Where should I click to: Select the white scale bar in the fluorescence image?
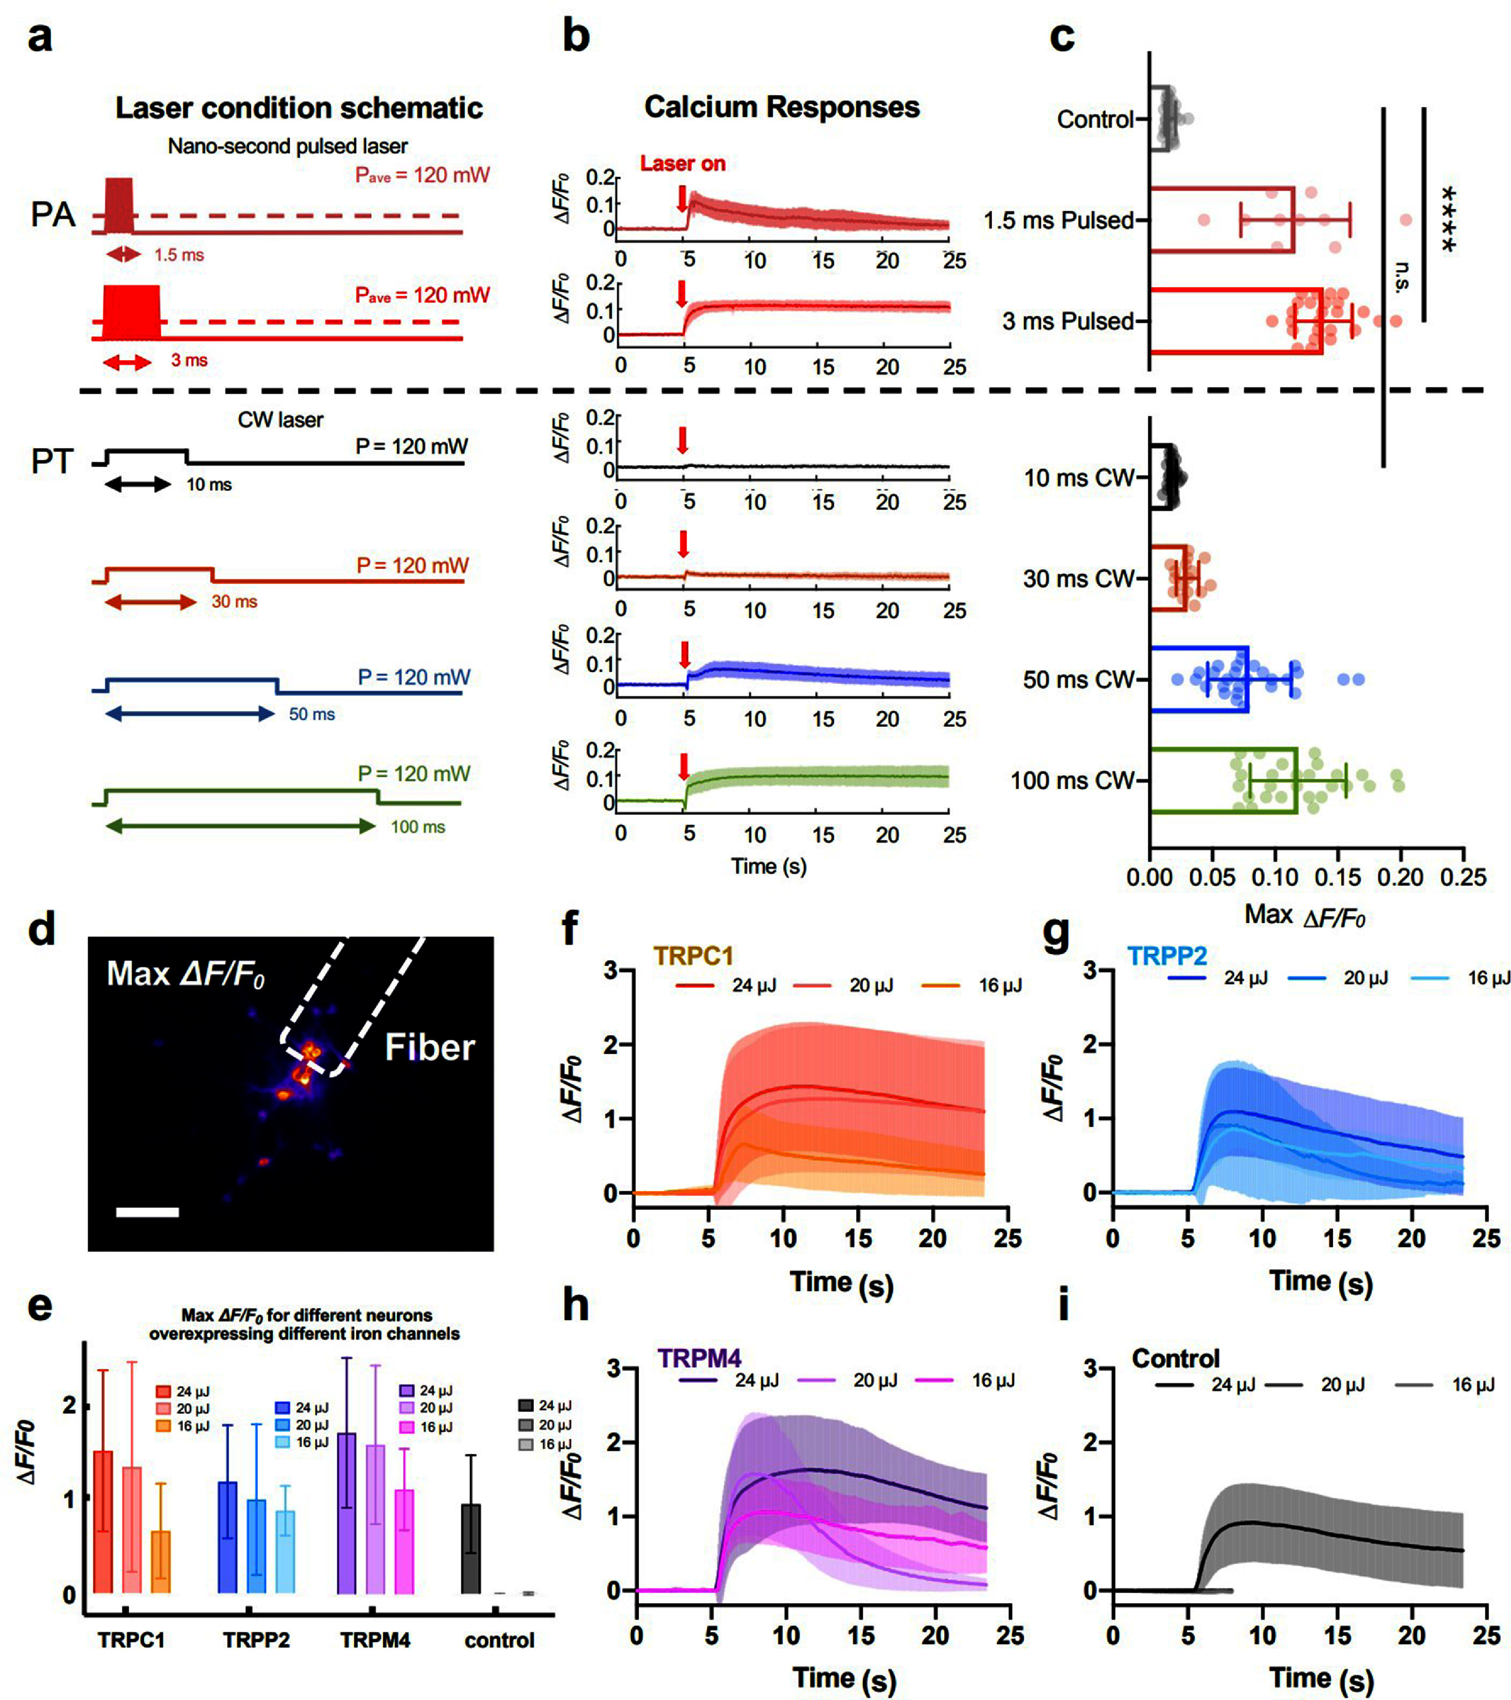pos(147,1212)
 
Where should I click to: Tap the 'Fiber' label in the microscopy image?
pos(429,1047)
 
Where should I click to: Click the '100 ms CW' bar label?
pos(1072,780)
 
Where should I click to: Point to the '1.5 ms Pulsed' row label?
pos(1059,220)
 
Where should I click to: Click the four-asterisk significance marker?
pos(1448,219)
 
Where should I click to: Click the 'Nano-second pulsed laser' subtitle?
pos(288,146)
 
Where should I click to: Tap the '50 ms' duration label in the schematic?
pos(312,715)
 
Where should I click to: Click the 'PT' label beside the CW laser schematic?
pos(53,462)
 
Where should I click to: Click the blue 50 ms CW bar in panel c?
pos(1199,680)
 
